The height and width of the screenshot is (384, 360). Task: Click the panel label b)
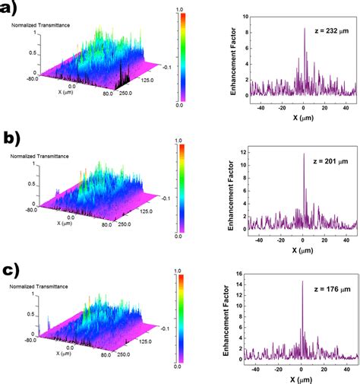pyautogui.click(x=13, y=138)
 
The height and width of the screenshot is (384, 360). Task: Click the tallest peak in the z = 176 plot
pyautogui.click(x=302, y=282)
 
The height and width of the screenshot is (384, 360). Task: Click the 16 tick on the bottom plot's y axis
pyautogui.click(x=243, y=272)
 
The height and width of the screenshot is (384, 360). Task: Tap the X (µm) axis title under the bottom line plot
pyautogui.click(x=302, y=378)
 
